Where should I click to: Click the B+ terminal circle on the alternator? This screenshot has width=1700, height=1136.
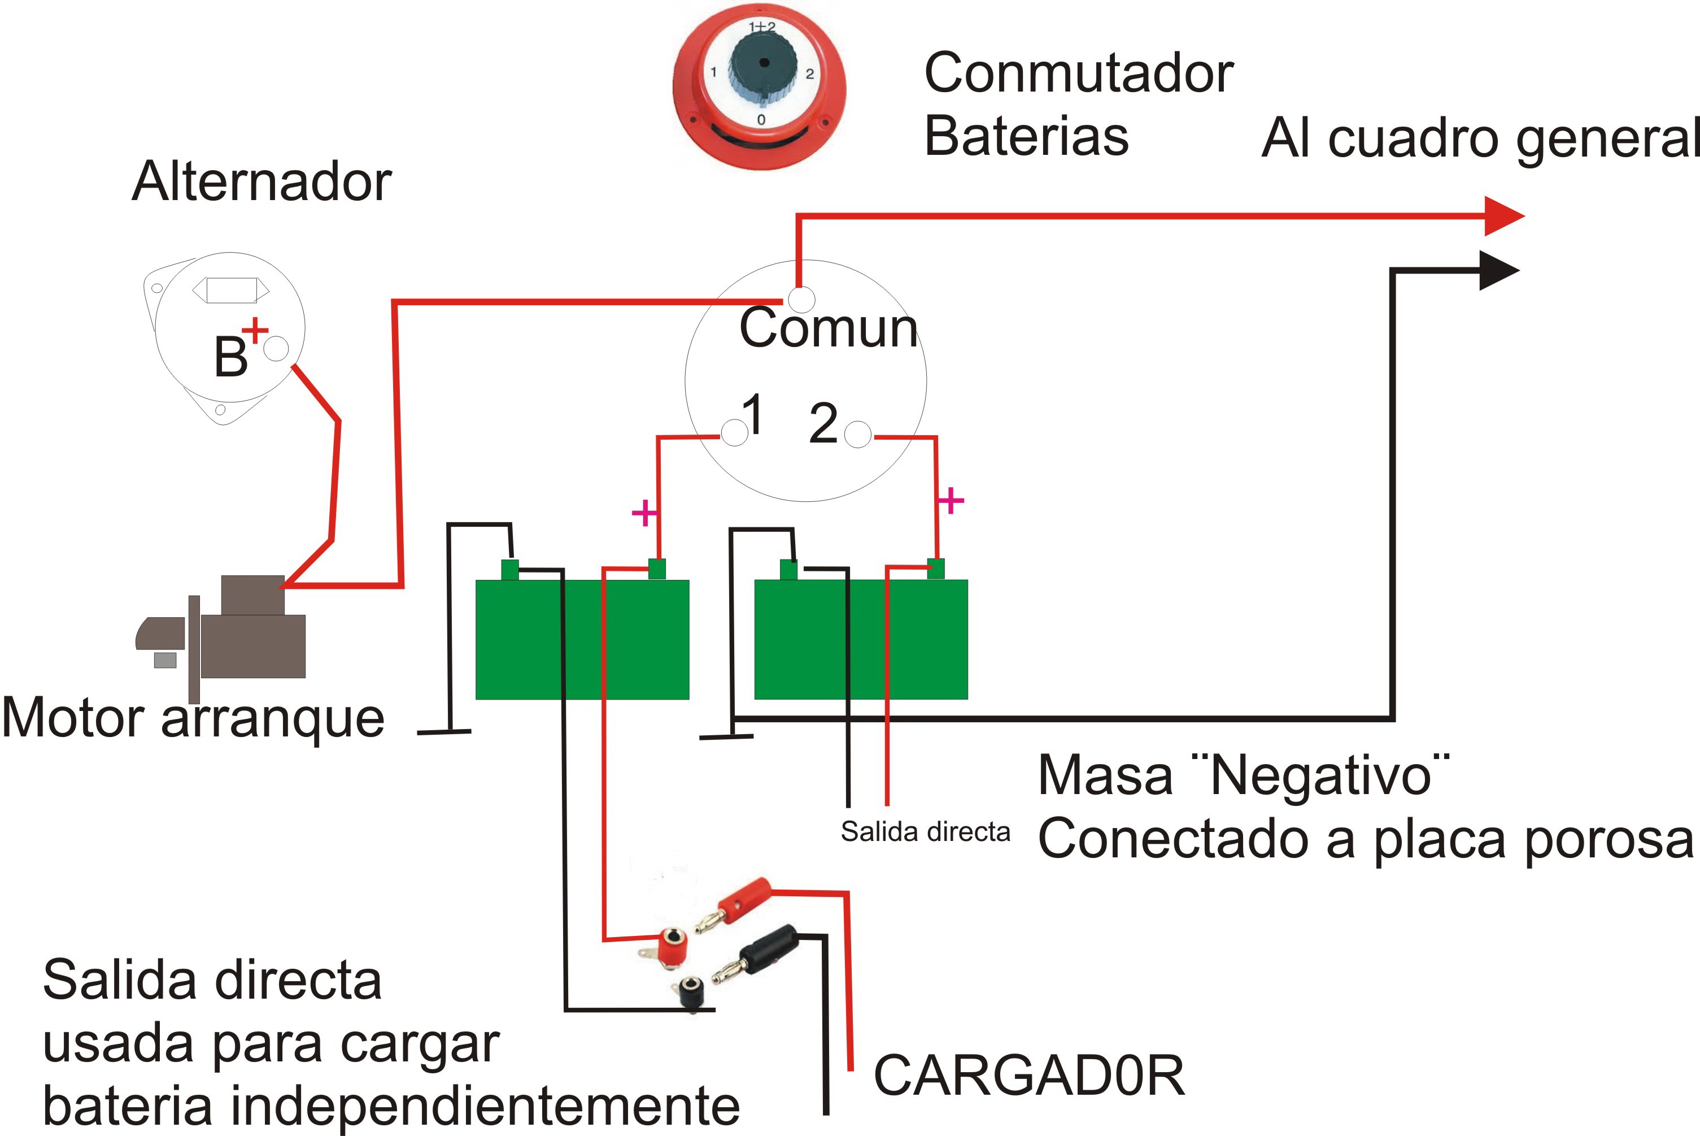pyautogui.click(x=276, y=349)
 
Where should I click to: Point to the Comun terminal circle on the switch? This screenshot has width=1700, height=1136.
pyautogui.click(x=801, y=299)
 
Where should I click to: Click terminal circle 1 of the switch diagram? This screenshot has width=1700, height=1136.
pyautogui.click(x=734, y=434)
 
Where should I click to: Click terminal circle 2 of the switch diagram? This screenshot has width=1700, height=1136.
pyautogui.click(x=858, y=435)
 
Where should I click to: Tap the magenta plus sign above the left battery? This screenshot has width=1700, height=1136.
pyautogui.click(x=644, y=513)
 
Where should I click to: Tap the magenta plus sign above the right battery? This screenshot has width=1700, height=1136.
pyautogui.click(x=951, y=500)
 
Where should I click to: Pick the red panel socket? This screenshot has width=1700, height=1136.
pyautogui.click(x=670, y=945)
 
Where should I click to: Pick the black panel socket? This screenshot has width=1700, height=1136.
pyautogui.click(x=691, y=992)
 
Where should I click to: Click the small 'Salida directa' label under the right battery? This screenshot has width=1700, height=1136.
pyautogui.click(x=925, y=832)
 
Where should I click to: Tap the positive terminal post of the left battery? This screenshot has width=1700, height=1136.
pyautogui.click(x=657, y=569)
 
